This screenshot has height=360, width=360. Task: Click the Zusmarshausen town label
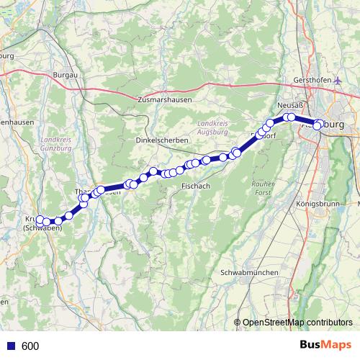[x=164, y=100]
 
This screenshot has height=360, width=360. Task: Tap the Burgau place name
[x=65, y=74]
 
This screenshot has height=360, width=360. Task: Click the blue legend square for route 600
[x=11, y=346]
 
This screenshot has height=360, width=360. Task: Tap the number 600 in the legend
[x=30, y=346]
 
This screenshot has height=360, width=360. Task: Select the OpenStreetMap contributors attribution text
[x=297, y=323]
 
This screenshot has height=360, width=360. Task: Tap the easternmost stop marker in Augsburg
[x=317, y=127]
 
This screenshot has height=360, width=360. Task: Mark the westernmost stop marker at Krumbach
[x=41, y=220]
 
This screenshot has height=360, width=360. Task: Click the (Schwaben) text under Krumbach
[x=42, y=228]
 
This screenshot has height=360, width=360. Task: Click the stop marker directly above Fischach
[x=195, y=163]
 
